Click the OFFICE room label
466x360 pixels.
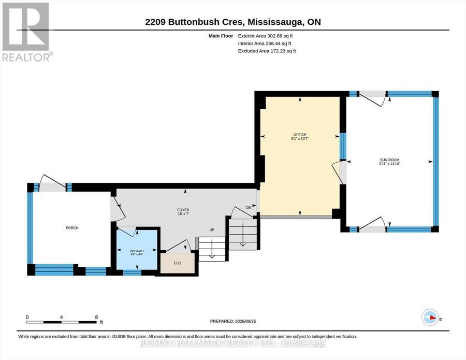(300, 135)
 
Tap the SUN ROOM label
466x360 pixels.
(389, 160)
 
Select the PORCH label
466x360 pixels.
(72, 228)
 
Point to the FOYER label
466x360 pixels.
(183, 210)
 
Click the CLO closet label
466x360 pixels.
(178, 263)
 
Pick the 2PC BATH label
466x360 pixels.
(137, 251)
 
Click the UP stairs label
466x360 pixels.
(212, 230)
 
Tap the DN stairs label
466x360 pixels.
(249, 208)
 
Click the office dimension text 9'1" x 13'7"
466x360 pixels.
(300, 138)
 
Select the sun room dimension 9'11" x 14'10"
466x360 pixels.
(389, 164)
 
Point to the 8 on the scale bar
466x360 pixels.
(96, 317)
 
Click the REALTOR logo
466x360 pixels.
(27, 32)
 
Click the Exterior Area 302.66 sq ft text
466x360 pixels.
(266, 36)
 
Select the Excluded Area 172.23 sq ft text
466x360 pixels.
(267, 51)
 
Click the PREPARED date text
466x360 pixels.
(233, 321)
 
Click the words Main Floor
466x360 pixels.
(221, 36)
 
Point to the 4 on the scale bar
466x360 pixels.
(61, 317)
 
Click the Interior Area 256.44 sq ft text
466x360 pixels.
(265, 44)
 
